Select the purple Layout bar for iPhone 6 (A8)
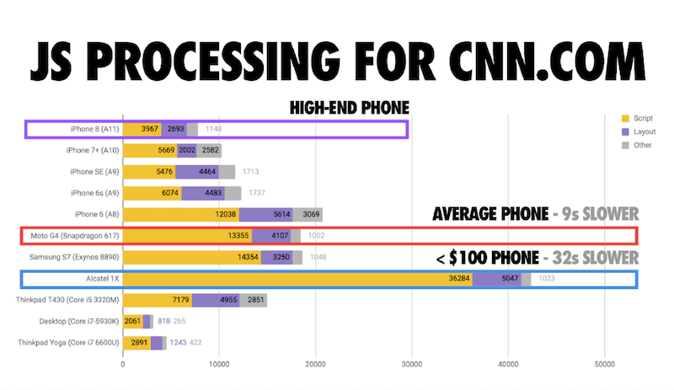click(265, 215)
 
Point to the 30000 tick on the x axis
click(411, 365)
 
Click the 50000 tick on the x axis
click(603, 365)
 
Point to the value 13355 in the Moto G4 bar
click(236, 236)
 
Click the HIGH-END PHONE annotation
click(349, 108)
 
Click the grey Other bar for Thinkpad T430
click(255, 300)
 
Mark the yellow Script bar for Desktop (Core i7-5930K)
click(133, 321)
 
